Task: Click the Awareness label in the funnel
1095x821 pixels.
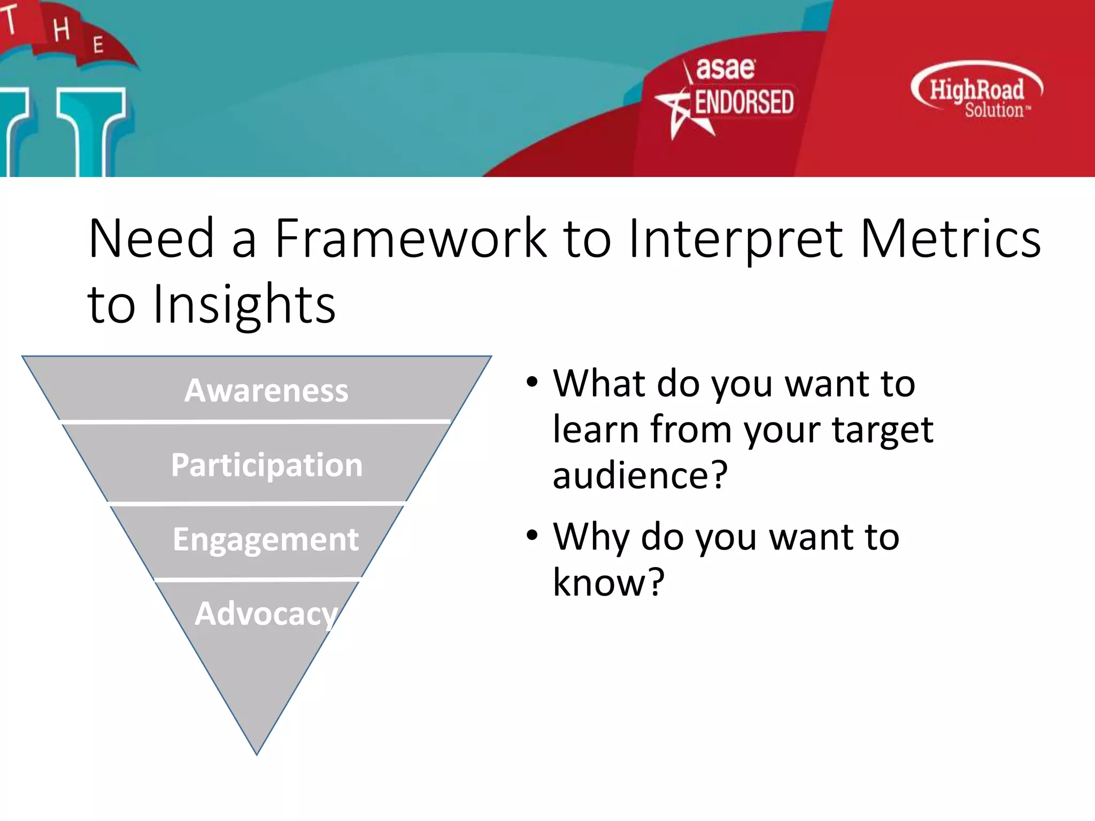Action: (x=266, y=390)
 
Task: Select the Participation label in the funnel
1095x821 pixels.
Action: (x=267, y=465)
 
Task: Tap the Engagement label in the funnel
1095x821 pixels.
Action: (x=266, y=539)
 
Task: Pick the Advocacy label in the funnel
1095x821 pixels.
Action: (x=266, y=614)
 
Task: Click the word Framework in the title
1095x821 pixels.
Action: (x=411, y=238)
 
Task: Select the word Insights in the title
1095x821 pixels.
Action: (x=244, y=305)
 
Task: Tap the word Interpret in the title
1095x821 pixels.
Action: (x=736, y=239)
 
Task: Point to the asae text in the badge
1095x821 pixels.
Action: (x=725, y=69)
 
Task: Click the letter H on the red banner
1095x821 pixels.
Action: (x=61, y=29)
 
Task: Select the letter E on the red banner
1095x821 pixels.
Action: (x=98, y=45)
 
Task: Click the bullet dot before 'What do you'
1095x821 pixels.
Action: (x=531, y=382)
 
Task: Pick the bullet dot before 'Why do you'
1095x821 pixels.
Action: (x=531, y=535)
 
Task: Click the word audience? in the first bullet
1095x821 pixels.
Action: (x=640, y=475)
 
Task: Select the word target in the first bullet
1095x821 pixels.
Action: (x=883, y=430)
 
